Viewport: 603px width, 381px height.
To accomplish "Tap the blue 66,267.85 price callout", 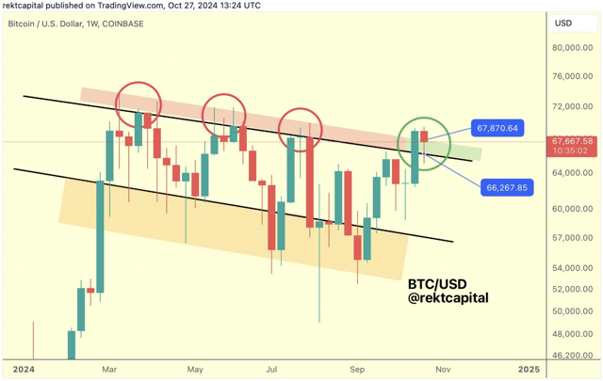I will [506, 187].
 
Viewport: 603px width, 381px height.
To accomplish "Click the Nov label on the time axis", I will [444, 369].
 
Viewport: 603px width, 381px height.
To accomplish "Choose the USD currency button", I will [564, 23].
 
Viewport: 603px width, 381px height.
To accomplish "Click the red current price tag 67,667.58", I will [574, 144].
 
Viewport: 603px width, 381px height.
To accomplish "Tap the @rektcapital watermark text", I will [448, 298].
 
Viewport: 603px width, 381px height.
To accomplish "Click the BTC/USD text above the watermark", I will [438, 282].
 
